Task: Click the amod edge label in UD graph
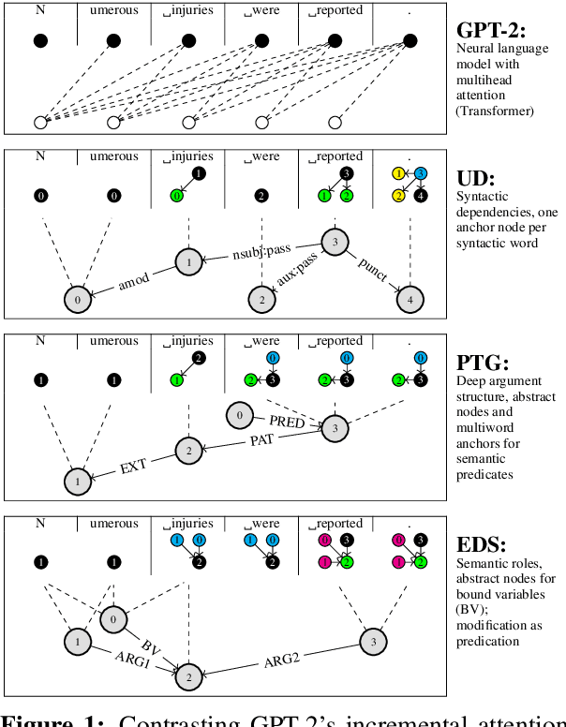(x=134, y=280)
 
